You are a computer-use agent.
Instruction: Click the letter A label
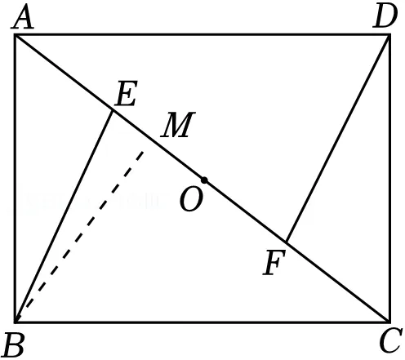[23, 17]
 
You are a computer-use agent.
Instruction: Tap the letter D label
[385, 17]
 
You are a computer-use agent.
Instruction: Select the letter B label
[14, 344]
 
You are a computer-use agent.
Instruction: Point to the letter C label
[391, 340]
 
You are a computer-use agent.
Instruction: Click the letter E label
[126, 93]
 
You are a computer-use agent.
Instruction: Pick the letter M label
[178, 124]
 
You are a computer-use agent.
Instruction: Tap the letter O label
[191, 200]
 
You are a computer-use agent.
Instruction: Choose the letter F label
[274, 263]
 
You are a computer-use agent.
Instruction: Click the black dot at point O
[204, 180]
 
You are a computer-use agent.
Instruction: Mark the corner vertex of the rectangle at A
[16, 35]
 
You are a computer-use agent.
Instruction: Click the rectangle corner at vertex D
[389, 35]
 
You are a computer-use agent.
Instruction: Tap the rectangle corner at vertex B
[16, 322]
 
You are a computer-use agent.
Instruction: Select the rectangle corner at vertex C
[389, 322]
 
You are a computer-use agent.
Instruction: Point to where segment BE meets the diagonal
[112, 109]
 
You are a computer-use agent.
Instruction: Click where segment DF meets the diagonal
[286, 242]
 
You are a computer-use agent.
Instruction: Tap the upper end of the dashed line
[143, 152]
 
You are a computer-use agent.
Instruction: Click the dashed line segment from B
[79, 237]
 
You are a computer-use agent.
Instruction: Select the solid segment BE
[64, 216]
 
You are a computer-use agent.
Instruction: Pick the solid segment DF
[337, 138]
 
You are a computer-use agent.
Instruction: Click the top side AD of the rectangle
[202, 35]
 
